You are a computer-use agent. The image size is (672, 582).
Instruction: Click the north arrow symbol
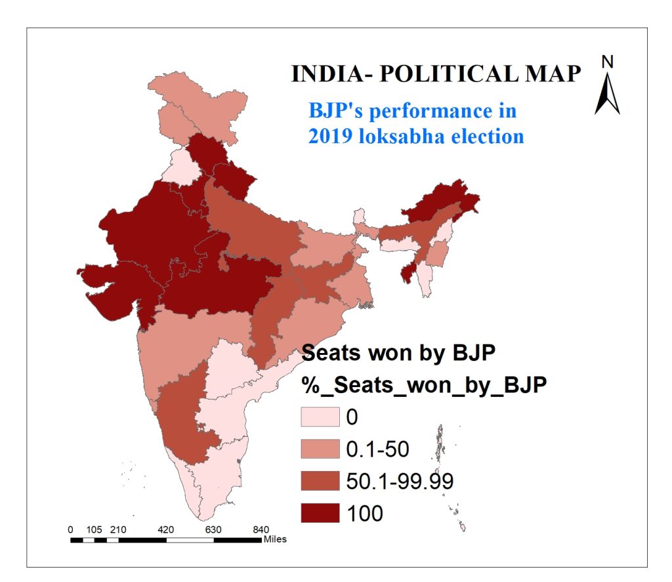coord(608,93)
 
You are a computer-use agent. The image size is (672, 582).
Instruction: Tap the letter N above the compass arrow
coord(608,62)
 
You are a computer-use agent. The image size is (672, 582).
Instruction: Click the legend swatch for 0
coord(320,417)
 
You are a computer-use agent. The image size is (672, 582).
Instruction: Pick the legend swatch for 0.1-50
coord(320,449)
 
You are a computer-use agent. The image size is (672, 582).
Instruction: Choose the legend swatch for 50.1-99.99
coord(320,480)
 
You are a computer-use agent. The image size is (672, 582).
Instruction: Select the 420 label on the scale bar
coord(166,530)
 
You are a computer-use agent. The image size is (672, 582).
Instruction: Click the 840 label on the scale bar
coord(261,530)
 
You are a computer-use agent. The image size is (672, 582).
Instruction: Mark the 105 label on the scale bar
coord(94,530)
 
